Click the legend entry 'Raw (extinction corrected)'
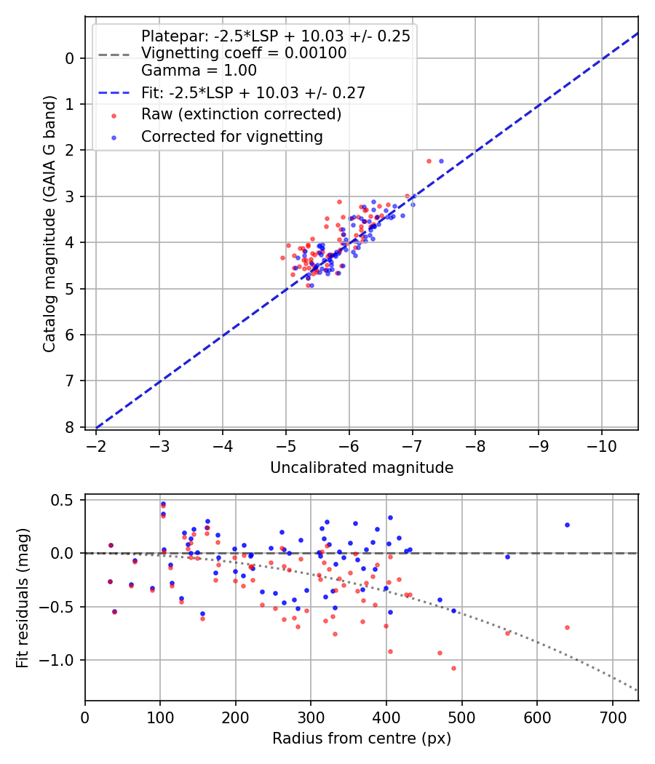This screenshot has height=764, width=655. click(241, 114)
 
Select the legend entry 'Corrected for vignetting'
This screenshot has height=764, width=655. click(232, 136)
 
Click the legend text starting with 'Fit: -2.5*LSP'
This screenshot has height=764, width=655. click(253, 92)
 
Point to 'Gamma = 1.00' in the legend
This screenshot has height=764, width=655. click(199, 71)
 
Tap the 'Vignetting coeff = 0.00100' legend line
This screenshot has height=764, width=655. click(243, 53)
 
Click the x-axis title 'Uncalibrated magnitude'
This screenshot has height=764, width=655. click(362, 468)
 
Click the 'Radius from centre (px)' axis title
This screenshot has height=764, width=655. click(362, 739)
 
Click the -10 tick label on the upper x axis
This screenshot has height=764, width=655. click(601, 445)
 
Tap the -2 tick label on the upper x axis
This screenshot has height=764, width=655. click(96, 445)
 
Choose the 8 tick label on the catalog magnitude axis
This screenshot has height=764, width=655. click(71, 427)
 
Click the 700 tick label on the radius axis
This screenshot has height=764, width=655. click(612, 716)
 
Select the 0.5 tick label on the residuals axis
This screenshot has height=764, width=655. click(65, 500)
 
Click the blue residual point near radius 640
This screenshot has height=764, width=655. click(567, 525)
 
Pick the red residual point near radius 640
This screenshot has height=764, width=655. click(567, 627)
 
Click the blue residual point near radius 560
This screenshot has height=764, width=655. click(507, 557)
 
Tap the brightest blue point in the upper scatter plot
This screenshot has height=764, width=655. click(441, 161)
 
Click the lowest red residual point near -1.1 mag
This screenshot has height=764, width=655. click(453, 668)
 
